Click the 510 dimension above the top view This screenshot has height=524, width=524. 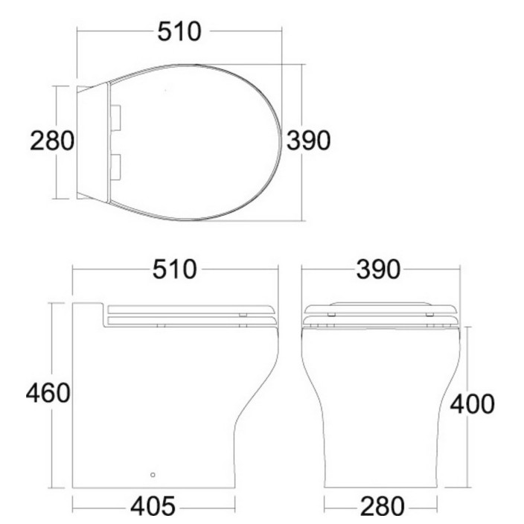[179, 32]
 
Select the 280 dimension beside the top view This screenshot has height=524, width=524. [52, 141]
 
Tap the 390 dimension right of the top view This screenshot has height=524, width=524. [308, 141]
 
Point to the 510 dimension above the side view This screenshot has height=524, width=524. [174, 269]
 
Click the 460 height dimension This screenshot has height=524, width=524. [48, 393]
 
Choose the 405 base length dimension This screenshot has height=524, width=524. [153, 507]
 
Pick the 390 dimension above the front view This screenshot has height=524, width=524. [378, 269]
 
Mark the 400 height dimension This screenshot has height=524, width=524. [472, 404]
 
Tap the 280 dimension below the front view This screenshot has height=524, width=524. [382, 507]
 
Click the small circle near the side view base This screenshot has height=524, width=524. [153, 475]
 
